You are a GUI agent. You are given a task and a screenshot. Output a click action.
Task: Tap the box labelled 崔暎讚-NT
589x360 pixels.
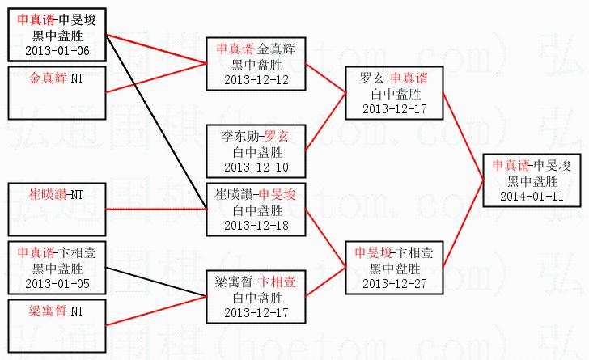[x=57, y=209]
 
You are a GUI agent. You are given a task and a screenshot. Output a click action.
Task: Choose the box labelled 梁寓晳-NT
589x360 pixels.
[x=57, y=324]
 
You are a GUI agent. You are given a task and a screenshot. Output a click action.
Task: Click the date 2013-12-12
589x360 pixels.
[x=255, y=79]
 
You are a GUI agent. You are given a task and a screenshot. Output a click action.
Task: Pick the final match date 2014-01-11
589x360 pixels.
[x=532, y=196]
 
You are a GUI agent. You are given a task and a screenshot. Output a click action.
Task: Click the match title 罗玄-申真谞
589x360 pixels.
[x=393, y=78]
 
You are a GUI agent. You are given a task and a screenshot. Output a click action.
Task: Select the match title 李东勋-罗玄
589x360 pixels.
[x=255, y=136]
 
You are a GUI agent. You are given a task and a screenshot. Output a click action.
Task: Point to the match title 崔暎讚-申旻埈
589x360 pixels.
[x=255, y=195]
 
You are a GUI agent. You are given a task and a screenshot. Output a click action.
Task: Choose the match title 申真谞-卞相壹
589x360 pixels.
[x=57, y=253]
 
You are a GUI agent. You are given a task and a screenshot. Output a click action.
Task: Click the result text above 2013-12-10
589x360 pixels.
[x=255, y=151]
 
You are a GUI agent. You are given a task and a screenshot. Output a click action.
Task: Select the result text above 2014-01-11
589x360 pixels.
[x=532, y=180]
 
